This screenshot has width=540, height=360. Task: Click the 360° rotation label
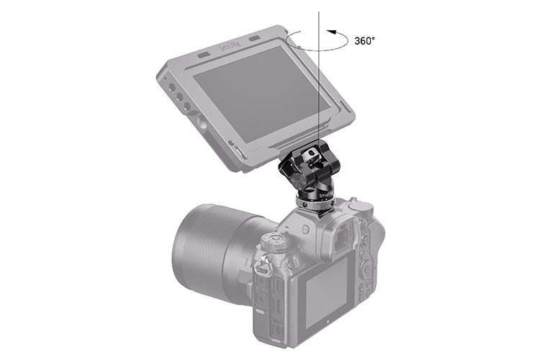[365, 41]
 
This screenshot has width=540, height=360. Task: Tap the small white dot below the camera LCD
[326, 335]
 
